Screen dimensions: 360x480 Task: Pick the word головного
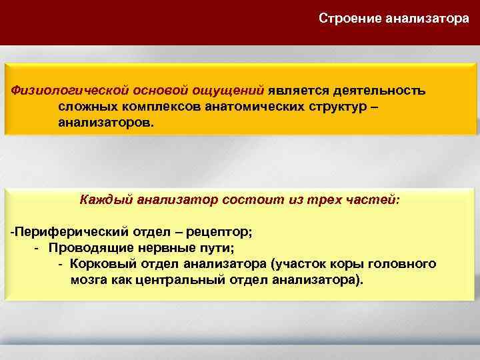pyautogui.click(x=405, y=264)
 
